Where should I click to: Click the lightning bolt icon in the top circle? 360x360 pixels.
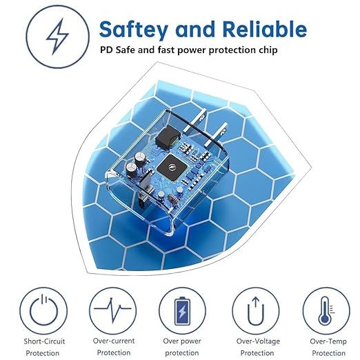pos(57,37)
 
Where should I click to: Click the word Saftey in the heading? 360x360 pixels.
pos(133,30)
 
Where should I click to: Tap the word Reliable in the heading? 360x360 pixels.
pos(264,29)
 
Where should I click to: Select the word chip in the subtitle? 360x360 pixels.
pos(268,50)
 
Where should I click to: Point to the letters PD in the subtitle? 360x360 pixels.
pos(106,50)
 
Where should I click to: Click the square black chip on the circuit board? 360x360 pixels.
pos(171,168)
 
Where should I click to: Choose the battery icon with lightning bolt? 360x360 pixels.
pos(182,311)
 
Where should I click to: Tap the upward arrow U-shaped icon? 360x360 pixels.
pos(256,311)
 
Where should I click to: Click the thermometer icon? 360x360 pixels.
pos(326,310)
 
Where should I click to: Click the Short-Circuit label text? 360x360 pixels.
pos(44,341)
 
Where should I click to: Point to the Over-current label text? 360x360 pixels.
pos(114,341)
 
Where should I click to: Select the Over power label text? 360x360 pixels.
pos(182,341)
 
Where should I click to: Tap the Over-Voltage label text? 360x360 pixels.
pos(258,341)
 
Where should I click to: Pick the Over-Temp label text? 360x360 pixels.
pos(328,341)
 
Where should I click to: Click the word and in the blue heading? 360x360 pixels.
pos(195,30)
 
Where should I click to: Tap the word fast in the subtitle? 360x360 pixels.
pos(166,50)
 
